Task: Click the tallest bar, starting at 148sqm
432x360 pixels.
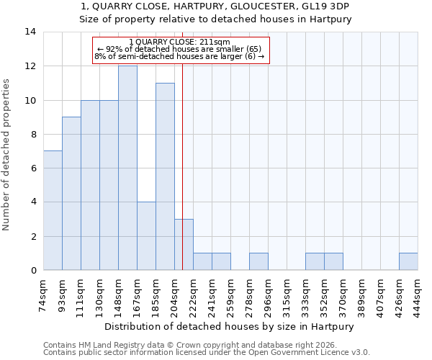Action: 127,168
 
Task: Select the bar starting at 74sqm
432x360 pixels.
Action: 53,210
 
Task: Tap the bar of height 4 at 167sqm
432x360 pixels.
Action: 146,236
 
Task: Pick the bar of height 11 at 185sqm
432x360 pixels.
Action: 165,176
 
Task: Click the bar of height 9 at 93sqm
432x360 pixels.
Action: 71,194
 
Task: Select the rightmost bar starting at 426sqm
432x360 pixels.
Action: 408,262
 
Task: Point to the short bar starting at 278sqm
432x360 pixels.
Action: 258,262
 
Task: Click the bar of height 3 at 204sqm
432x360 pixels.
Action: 184,245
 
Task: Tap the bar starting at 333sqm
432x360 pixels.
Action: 315,262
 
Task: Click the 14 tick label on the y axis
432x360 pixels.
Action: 30,32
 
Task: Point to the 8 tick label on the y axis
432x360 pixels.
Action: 33,134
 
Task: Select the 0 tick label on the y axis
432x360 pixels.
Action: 33,271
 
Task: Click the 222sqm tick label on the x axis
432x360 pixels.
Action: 194,294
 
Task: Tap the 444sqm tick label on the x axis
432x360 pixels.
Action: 418,294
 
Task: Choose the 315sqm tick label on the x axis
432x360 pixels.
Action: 287,294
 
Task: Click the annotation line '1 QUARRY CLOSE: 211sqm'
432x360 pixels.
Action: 179,42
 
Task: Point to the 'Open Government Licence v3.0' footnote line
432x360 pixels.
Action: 207,353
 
